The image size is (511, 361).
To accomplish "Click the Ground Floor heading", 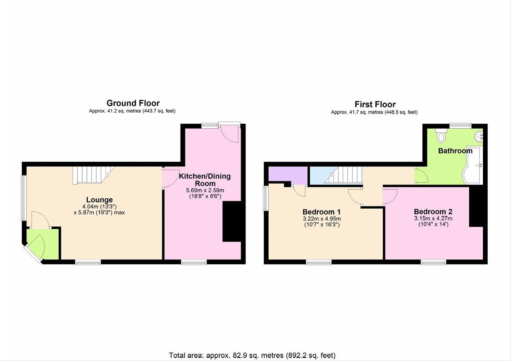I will pyautogui.click(x=133, y=103).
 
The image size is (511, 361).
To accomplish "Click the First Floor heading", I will pyautogui.click(x=375, y=105).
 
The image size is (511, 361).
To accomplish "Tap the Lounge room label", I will pyautogui.click(x=100, y=200).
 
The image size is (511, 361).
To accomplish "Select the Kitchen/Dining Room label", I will pyautogui.click(x=205, y=180).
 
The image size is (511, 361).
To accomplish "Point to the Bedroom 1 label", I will pyautogui.click(x=321, y=212).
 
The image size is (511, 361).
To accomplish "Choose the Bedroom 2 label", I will pyautogui.click(x=433, y=211).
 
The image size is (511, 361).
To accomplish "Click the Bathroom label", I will pyautogui.click(x=455, y=150).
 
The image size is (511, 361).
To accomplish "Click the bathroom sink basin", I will pyautogui.click(x=479, y=136).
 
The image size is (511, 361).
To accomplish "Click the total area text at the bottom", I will pyautogui.click(x=252, y=355).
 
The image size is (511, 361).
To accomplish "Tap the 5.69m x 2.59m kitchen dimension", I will pyautogui.click(x=205, y=190).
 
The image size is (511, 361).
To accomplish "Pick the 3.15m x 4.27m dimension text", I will pyautogui.click(x=433, y=218).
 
